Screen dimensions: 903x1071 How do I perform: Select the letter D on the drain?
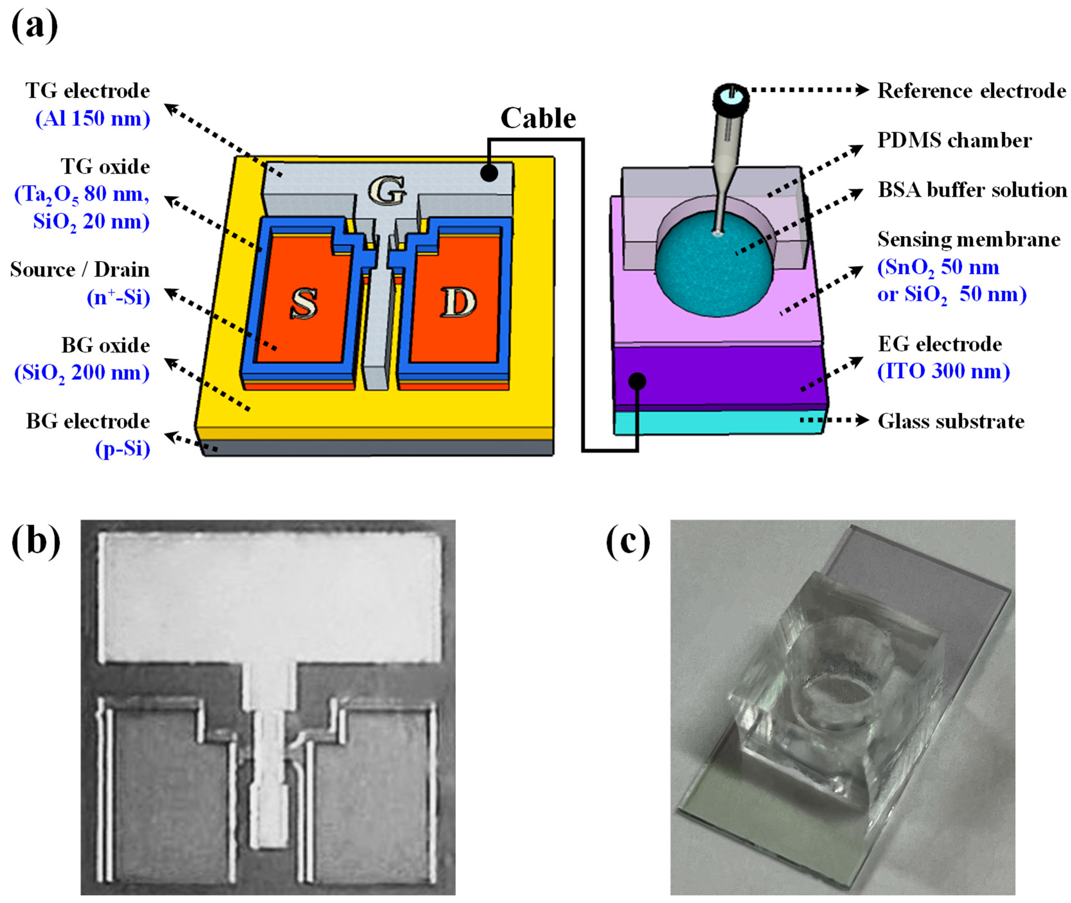pyautogui.click(x=458, y=302)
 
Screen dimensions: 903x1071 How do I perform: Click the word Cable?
pyautogui.click(x=538, y=118)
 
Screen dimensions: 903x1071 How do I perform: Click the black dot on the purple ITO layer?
pyautogui.click(x=637, y=381)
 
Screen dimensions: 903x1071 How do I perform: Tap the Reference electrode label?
pyautogui.click(x=972, y=91)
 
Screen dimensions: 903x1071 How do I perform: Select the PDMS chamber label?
pyautogui.click(x=954, y=140)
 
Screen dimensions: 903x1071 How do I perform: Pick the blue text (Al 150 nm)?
pyautogui.click(x=93, y=119)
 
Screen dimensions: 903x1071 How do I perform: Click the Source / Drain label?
pyautogui.click(x=80, y=270)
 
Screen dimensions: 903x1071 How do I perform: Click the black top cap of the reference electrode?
pyautogui.click(x=731, y=97)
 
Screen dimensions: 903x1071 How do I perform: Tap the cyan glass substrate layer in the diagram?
pyautogui.click(x=716, y=422)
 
